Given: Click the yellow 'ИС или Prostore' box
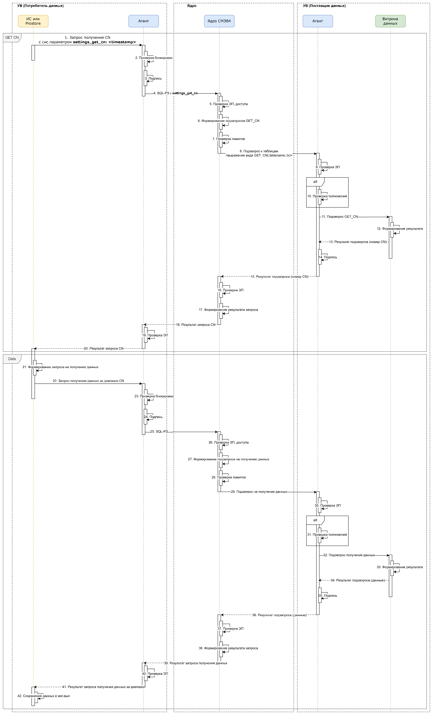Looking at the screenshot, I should pyautogui.click(x=33, y=21).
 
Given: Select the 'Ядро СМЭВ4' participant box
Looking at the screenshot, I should pyautogui.click(x=219, y=21).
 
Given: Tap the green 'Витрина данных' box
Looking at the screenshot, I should pyautogui.click(x=390, y=21).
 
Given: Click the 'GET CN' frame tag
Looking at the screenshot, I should pyautogui.click(x=12, y=38).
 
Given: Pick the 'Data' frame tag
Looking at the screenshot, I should pyautogui.click(x=12, y=359).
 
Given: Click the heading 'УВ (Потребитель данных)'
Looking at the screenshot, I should pyautogui.click(x=40, y=6).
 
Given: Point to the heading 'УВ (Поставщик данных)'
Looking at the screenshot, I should pyautogui.click(x=324, y=6).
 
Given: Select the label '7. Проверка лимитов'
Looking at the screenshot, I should pyautogui.click(x=229, y=139).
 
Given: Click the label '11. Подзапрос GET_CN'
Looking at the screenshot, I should pyautogui.click(x=340, y=217).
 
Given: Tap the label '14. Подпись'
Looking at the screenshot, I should pyautogui.click(x=328, y=257).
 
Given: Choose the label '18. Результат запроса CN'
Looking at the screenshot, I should pyautogui.click(x=196, y=325).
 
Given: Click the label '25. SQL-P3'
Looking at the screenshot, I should pyautogui.click(x=159, y=431).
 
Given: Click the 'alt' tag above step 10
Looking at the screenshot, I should pyautogui.click(x=315, y=182).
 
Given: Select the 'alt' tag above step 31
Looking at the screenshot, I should pyautogui.click(x=315, y=520).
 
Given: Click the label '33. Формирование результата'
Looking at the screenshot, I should pyautogui.click(x=400, y=567).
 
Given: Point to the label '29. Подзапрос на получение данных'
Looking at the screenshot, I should pyautogui.click(x=259, y=492).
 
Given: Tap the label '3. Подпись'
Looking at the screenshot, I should pyautogui.click(x=153, y=78).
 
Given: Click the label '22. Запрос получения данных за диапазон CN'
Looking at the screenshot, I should pyautogui.click(x=88, y=381).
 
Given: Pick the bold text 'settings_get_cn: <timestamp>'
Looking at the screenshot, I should pyautogui.click(x=104, y=42).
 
